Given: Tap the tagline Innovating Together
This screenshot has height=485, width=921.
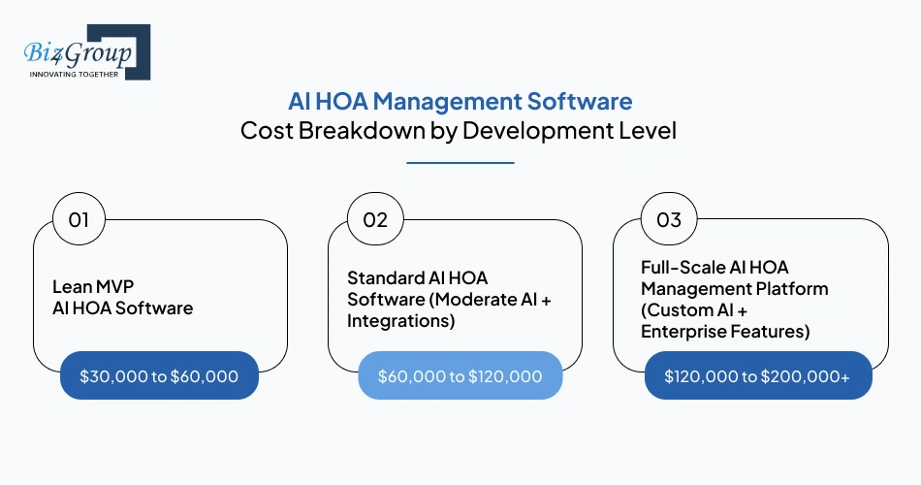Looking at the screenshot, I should [74, 74].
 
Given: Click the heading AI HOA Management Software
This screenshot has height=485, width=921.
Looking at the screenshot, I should [460, 101].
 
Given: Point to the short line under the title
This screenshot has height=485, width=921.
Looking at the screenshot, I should [460, 163].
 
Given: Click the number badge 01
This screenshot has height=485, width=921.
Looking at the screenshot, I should [79, 220].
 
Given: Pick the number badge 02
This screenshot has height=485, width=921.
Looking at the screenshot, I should [375, 220].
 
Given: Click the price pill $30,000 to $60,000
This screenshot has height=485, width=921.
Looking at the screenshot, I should [159, 375].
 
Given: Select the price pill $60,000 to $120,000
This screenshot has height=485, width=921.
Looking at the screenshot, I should [460, 375].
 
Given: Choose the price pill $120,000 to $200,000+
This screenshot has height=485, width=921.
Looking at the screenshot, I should [757, 375].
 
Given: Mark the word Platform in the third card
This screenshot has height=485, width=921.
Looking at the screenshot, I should [794, 288].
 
